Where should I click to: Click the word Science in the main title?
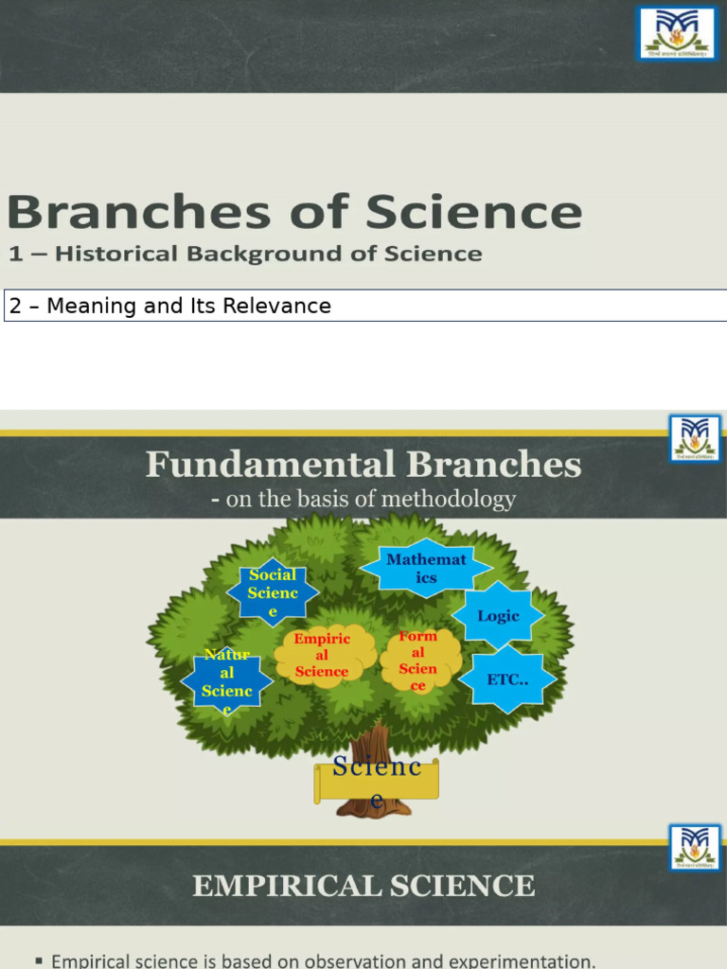[473, 212]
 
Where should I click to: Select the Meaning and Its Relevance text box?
[364, 306]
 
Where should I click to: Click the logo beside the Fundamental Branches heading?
[695, 439]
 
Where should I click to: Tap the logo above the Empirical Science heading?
[695, 848]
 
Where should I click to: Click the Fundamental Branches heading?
[363, 465]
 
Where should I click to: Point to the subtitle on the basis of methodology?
[363, 499]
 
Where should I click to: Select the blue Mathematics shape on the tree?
[426, 569]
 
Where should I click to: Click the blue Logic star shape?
[498, 616]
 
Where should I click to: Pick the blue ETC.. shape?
[506, 679]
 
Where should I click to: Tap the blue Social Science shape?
[273, 593]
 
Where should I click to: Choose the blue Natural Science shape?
[227, 681]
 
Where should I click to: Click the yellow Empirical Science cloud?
[322, 656]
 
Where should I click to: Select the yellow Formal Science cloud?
[418, 661]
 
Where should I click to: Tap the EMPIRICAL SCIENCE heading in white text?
[363, 886]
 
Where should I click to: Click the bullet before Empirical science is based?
[38, 961]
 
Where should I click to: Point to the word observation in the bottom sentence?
[343, 961]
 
